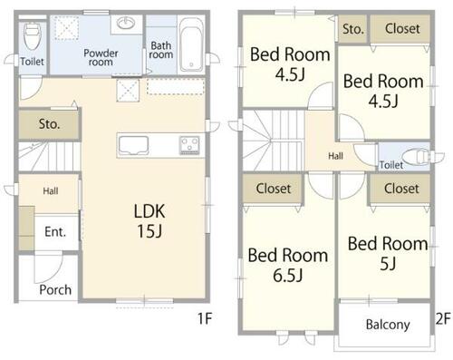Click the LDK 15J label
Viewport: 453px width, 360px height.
click(x=149, y=221)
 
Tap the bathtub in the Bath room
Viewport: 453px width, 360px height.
click(x=191, y=45)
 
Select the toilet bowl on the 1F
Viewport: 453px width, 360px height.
click(x=33, y=36)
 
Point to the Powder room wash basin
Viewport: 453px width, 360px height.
click(x=126, y=23)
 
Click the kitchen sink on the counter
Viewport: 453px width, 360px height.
click(x=133, y=145)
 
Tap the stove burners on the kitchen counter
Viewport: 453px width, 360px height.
click(x=189, y=145)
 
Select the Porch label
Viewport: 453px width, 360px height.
click(x=55, y=290)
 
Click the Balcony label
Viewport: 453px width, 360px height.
click(x=388, y=325)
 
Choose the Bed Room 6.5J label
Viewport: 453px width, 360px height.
click(x=288, y=265)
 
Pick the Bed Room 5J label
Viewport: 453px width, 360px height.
click(x=388, y=253)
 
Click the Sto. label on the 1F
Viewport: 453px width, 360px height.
click(x=50, y=124)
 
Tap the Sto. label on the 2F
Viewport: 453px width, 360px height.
click(x=353, y=29)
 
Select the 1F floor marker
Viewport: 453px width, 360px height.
click(x=205, y=318)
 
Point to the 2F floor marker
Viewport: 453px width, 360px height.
click(x=443, y=318)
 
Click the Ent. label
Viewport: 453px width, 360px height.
click(x=55, y=232)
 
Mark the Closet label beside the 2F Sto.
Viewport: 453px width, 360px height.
click(x=402, y=29)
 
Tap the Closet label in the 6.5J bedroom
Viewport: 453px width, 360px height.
click(x=274, y=189)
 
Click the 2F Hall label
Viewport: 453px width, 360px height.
click(x=336, y=156)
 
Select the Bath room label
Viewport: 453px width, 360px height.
click(x=161, y=50)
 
